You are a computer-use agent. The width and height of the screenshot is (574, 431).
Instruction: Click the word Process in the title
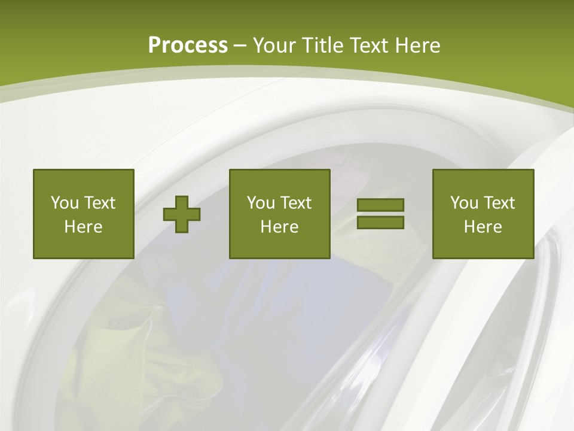click(188, 45)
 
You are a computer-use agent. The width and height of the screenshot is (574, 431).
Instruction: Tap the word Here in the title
click(416, 45)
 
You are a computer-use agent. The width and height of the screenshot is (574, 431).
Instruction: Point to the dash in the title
click(240, 46)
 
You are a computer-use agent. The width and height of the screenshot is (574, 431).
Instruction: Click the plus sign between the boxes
click(182, 214)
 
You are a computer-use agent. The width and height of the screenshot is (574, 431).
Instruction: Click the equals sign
click(380, 214)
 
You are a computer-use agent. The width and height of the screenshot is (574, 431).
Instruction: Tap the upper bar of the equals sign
click(380, 205)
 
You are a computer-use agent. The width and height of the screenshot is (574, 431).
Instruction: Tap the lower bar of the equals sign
click(380, 222)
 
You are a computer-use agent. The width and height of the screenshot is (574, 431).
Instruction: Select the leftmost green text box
click(84, 214)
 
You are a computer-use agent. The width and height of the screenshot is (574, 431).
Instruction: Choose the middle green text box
click(279, 214)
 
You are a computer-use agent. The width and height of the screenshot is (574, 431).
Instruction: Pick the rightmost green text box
click(483, 214)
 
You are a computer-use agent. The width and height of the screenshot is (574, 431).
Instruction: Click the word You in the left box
click(65, 203)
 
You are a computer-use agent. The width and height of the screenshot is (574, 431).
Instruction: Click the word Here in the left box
click(84, 227)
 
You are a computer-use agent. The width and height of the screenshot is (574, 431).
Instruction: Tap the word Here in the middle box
click(279, 227)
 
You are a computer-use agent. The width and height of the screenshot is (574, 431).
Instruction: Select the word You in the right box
click(465, 203)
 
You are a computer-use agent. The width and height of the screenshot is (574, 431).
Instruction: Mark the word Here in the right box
click(483, 227)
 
